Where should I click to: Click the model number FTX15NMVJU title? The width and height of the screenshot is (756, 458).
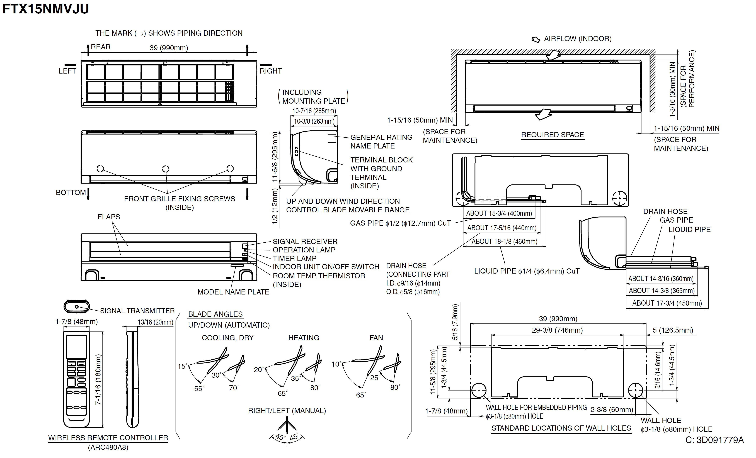point(45,9)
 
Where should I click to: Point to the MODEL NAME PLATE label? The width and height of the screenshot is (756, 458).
point(233,292)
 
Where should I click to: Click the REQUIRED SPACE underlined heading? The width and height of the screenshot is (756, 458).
point(552,135)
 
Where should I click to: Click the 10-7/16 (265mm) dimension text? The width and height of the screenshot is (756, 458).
point(314,111)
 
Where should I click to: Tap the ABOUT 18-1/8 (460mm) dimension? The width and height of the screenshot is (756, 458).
point(504,241)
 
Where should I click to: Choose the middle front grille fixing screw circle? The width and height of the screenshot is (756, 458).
point(166,169)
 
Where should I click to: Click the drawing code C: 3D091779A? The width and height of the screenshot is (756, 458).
point(714,440)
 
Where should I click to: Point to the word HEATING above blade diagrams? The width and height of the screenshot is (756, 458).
point(303,338)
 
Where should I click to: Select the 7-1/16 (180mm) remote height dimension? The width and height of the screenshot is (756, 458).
point(98,379)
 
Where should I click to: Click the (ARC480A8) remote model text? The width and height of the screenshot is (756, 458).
point(108,447)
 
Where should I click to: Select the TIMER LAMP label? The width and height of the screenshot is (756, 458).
point(294,258)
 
